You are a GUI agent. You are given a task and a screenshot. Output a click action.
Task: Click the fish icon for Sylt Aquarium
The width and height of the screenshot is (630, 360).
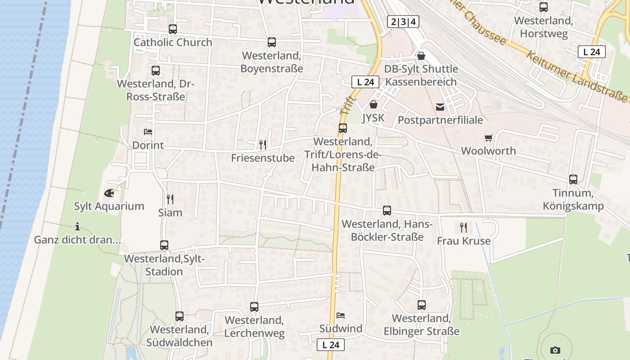point(109,193)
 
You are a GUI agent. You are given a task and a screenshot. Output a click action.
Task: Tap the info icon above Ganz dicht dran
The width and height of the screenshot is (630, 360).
point(77,226)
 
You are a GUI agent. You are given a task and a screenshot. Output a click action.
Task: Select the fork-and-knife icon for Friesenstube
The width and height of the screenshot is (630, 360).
point(262,144)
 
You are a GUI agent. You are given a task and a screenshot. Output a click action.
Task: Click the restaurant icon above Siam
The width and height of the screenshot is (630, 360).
point(170,199)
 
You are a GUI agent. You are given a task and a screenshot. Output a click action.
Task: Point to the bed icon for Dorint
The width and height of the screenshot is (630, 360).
point(148,132)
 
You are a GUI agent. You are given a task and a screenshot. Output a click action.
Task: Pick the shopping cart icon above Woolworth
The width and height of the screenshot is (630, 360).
point(489,138)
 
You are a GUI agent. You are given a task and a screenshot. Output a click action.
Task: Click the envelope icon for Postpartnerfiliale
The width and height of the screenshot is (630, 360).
point(440,107)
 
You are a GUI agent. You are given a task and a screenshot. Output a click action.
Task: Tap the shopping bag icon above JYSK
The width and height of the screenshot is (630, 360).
point(373,105)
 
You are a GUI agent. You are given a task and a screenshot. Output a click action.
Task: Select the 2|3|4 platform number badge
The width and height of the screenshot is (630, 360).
point(403,21)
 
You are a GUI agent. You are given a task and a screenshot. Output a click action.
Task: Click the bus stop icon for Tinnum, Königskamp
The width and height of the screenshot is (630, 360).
point(573,180)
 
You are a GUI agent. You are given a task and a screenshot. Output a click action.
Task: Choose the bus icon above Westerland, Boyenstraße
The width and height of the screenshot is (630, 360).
point(271,42)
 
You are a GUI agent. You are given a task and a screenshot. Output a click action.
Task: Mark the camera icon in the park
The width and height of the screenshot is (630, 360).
point(555,350)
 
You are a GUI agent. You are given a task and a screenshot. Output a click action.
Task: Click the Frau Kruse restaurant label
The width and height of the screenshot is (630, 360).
point(463,241)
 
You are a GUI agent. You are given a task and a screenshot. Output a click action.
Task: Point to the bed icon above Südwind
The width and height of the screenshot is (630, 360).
point(341,315)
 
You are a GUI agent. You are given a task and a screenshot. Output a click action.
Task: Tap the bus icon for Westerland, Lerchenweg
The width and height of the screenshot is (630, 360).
point(254,307)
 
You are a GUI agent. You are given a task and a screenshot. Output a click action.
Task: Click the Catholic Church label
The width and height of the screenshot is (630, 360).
point(173,42)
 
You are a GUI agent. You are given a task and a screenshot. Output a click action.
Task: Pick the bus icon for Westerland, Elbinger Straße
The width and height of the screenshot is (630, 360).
point(421,305)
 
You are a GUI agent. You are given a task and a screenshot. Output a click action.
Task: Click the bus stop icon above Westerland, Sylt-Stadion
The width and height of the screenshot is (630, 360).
point(164,245)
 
